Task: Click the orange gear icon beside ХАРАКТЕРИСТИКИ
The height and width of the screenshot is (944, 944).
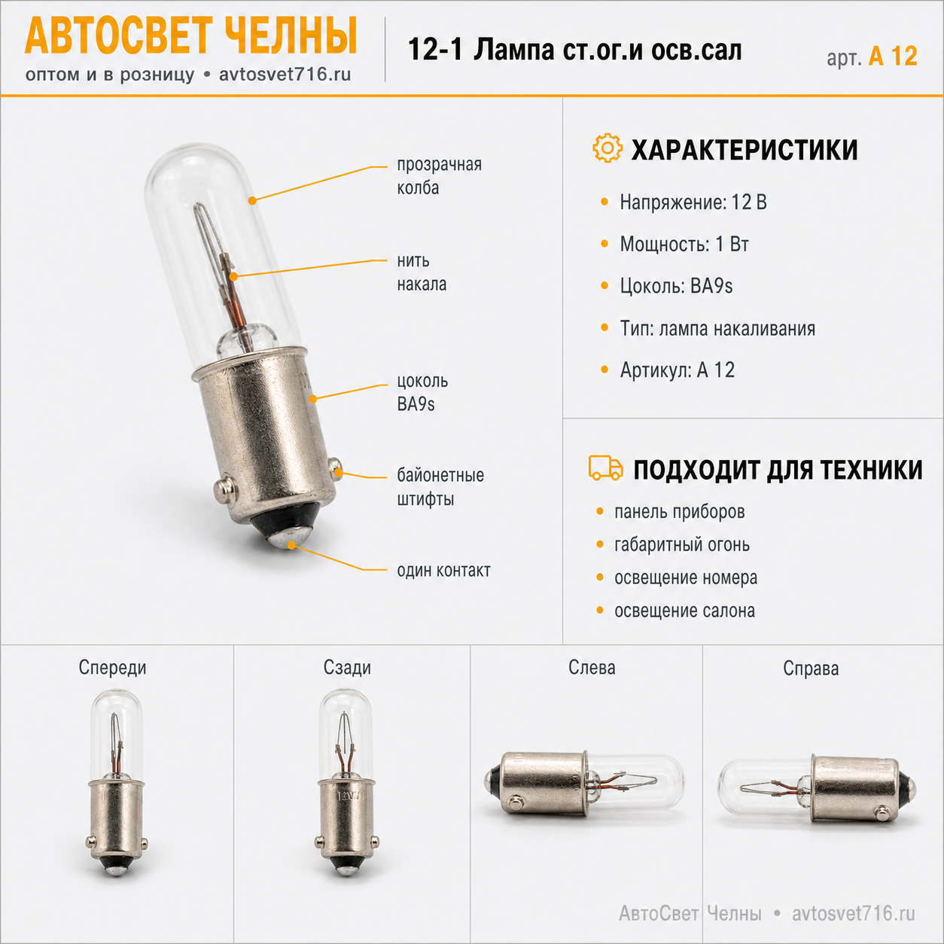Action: pyautogui.click(x=607, y=148)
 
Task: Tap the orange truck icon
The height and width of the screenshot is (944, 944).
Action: pyautogui.click(x=605, y=467)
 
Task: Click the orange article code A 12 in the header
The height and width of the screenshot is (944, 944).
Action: pyautogui.click(x=893, y=56)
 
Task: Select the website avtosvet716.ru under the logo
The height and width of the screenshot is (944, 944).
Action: pyautogui.click(x=285, y=75)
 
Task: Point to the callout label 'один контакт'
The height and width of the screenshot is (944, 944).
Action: pyautogui.click(x=443, y=570)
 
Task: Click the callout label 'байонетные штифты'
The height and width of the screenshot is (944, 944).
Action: pyautogui.click(x=440, y=487)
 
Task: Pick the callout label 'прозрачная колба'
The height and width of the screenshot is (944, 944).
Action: pyautogui.click(x=439, y=176)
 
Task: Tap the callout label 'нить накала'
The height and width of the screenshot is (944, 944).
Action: pyautogui.click(x=422, y=273)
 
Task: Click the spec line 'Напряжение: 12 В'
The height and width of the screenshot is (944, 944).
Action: pyautogui.click(x=693, y=202)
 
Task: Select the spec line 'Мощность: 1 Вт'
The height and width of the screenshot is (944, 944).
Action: pyautogui.click(x=684, y=244)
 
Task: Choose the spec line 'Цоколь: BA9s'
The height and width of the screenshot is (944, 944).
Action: pyautogui.click(x=676, y=286)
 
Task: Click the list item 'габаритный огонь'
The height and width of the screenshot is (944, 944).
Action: pyautogui.click(x=682, y=545)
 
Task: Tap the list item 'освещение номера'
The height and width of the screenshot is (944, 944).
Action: pyautogui.click(x=686, y=577)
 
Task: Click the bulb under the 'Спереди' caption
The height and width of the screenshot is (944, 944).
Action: pyautogui.click(x=117, y=782)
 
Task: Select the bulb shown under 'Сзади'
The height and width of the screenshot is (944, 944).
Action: pyautogui.click(x=346, y=782)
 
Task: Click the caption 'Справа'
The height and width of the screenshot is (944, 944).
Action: pyautogui.click(x=811, y=668)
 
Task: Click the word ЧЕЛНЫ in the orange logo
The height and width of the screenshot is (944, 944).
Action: pyautogui.click(x=291, y=37)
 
